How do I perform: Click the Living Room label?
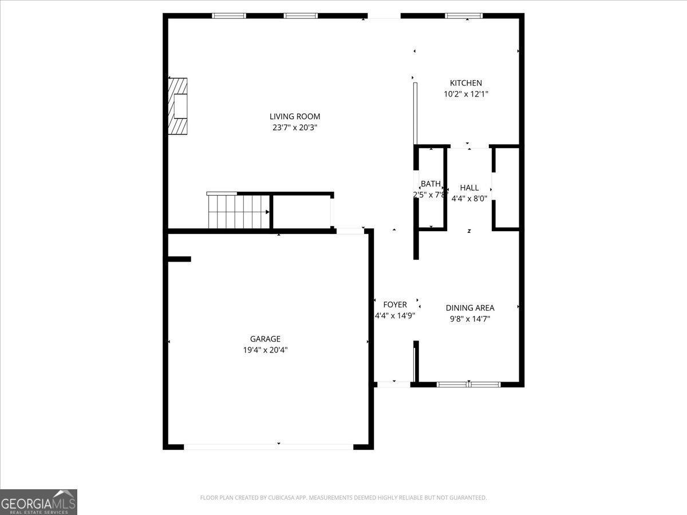pyautogui.click(x=295, y=117)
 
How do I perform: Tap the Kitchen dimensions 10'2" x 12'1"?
pyautogui.click(x=466, y=94)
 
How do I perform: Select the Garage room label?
pyautogui.click(x=265, y=339)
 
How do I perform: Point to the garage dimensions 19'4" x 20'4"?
pyautogui.click(x=265, y=350)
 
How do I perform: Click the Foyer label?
pyautogui.click(x=395, y=305)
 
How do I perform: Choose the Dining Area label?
pyautogui.click(x=470, y=308)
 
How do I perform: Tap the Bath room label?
pyautogui.click(x=431, y=184)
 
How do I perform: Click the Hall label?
pyautogui.click(x=469, y=188)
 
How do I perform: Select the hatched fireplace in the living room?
pyautogui.click(x=177, y=106)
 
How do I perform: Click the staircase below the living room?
pyautogui.click(x=238, y=211)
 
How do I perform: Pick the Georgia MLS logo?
pyautogui.click(x=38, y=502)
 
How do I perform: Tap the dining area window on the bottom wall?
pyautogui.click(x=469, y=385)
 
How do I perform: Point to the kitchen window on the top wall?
pyautogui.click(x=464, y=16)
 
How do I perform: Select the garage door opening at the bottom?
pyautogui.click(x=269, y=446)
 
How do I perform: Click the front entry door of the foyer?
pyautogui.click(x=393, y=385)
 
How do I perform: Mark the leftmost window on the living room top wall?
pyautogui.click(x=229, y=16)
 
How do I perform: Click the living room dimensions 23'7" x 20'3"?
pyautogui.click(x=295, y=128)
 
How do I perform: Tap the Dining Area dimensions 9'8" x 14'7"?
pyautogui.click(x=470, y=319)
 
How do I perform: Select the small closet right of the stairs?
pyautogui.click(x=302, y=212)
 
